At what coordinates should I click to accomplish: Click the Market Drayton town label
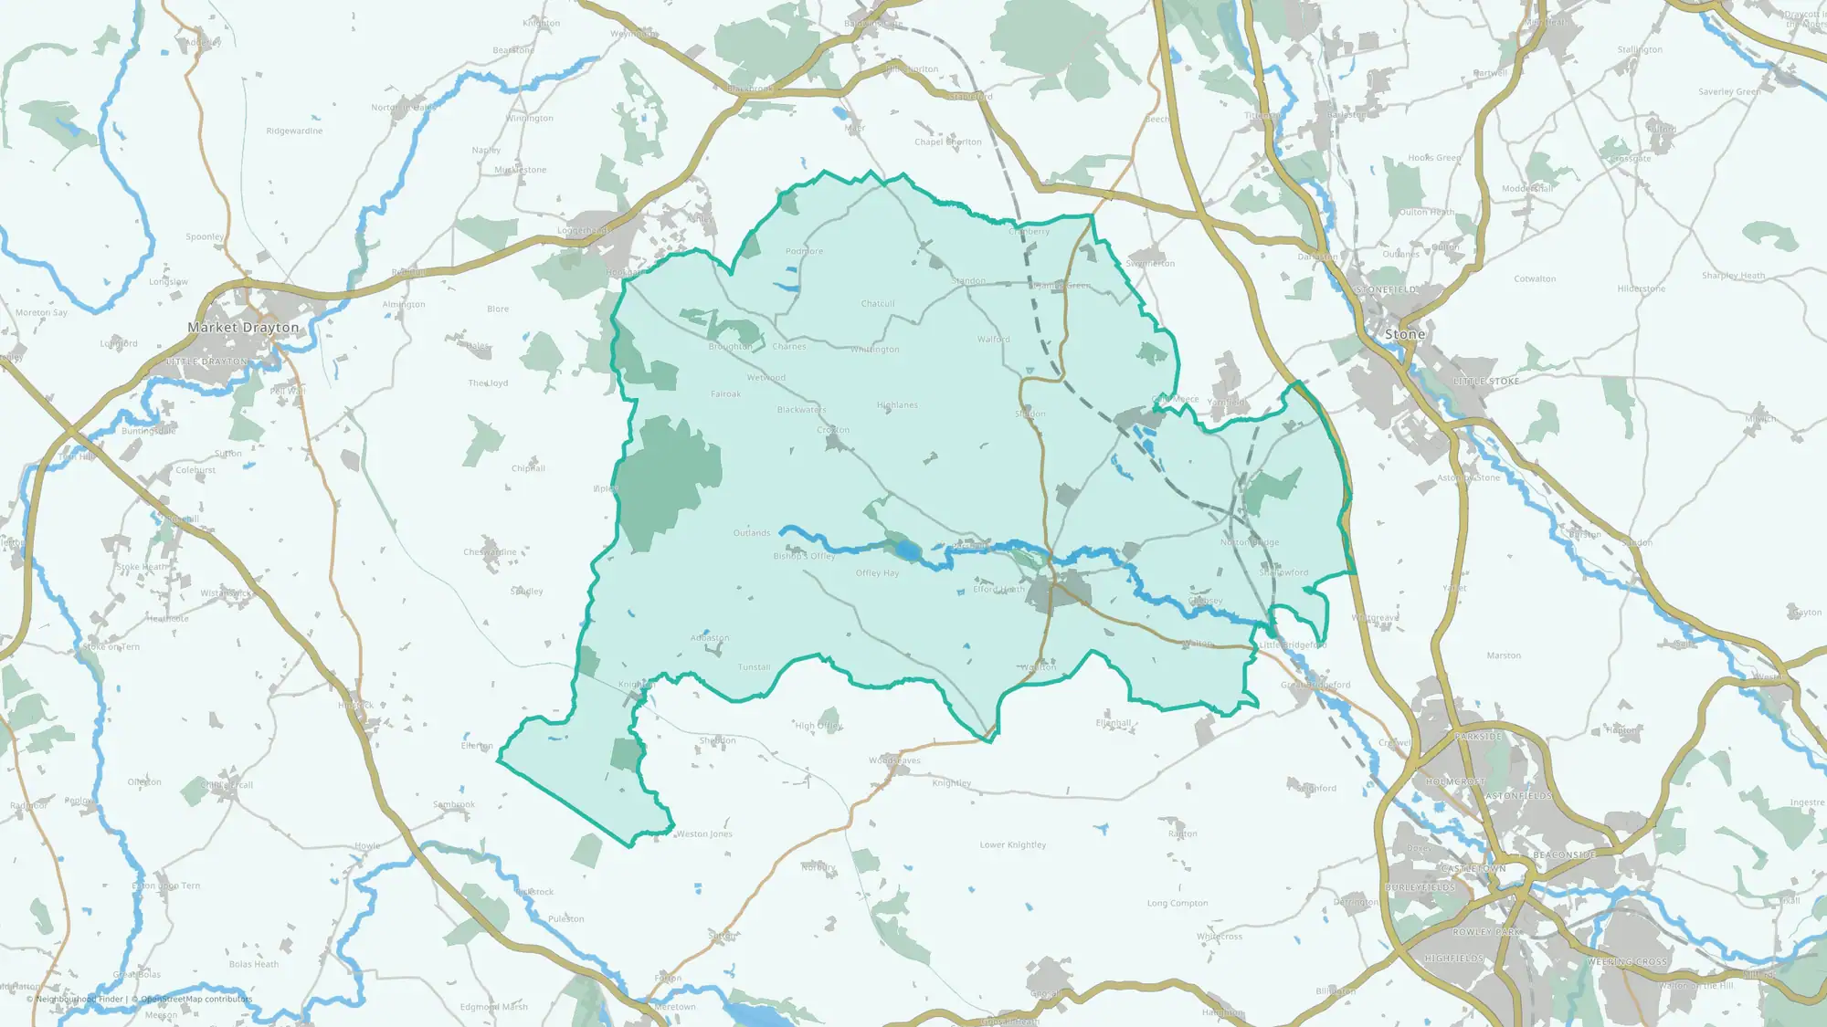243,328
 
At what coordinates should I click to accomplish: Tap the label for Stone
1404,335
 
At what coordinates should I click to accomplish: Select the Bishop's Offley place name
804,556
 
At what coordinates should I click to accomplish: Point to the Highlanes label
897,405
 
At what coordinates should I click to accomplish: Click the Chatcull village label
878,304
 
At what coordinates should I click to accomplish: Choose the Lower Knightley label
1013,845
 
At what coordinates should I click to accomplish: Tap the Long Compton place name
1178,904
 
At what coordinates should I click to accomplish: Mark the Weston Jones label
704,834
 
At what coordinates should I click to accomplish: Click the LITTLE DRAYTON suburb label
206,362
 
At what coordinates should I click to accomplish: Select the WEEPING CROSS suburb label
1627,962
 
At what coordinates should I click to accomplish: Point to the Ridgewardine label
294,131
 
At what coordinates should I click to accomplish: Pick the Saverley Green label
1729,92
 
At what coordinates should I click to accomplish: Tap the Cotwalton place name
1535,279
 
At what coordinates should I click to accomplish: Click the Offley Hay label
877,574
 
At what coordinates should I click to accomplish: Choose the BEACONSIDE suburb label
1564,855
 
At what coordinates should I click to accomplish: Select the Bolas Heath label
254,965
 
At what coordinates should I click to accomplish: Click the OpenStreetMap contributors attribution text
196,1000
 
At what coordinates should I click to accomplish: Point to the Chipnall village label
528,469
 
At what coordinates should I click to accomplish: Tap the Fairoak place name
725,394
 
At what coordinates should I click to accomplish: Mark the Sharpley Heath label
1733,276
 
